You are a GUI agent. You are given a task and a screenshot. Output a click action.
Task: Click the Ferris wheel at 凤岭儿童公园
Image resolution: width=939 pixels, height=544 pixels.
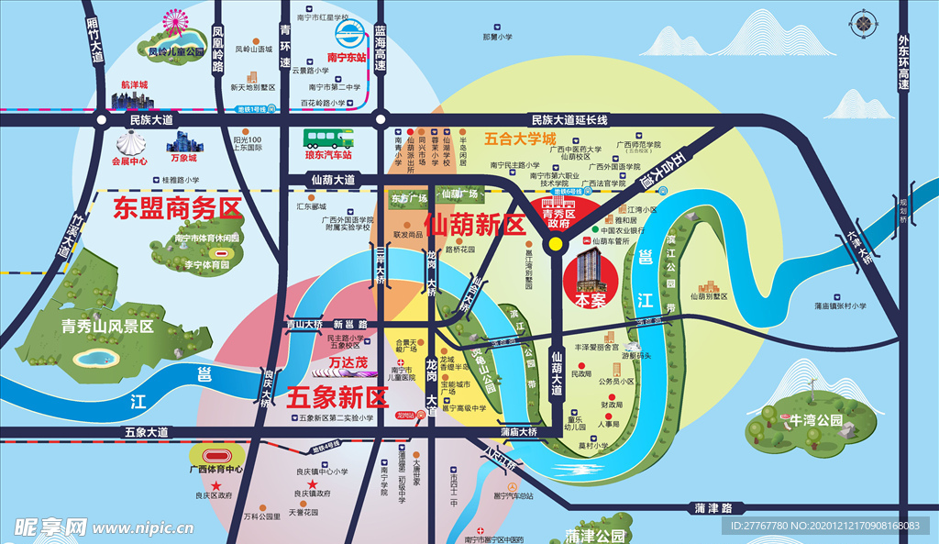tap(172, 20)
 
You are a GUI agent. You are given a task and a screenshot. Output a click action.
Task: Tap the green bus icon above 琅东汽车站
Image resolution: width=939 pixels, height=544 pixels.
tap(329, 139)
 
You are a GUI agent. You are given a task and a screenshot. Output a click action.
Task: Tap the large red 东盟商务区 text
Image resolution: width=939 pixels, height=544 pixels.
tap(177, 208)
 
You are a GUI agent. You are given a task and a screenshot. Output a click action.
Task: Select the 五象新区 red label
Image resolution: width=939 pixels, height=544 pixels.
tap(337, 396)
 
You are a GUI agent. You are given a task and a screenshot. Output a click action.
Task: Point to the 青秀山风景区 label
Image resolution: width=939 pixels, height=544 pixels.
tap(107, 326)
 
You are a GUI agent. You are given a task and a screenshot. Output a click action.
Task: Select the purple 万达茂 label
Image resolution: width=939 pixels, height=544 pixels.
tap(348, 363)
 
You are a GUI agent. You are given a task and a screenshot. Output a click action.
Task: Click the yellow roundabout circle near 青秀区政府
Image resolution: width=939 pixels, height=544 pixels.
tap(555, 245)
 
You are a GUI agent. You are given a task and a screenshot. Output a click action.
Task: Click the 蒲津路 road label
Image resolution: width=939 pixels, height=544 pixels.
tap(715, 507)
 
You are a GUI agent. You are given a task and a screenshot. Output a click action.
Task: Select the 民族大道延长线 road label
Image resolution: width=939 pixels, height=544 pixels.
tap(569, 120)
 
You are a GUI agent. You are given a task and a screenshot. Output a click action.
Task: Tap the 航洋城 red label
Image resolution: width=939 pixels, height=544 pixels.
tap(134, 84)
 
